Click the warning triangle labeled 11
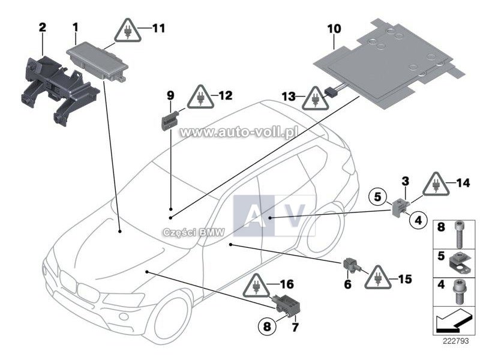coord(128,31)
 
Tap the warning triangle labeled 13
coord(313,98)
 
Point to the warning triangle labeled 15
coord(379,277)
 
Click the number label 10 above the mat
coord(334,28)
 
